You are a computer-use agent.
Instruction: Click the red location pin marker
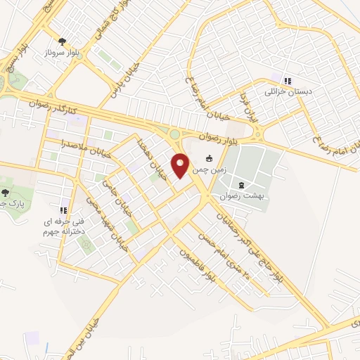point(181,165)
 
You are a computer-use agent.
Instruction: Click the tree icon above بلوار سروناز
point(62,41)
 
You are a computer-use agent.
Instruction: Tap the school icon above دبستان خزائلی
point(287,79)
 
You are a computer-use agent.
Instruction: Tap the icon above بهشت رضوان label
point(242,184)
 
